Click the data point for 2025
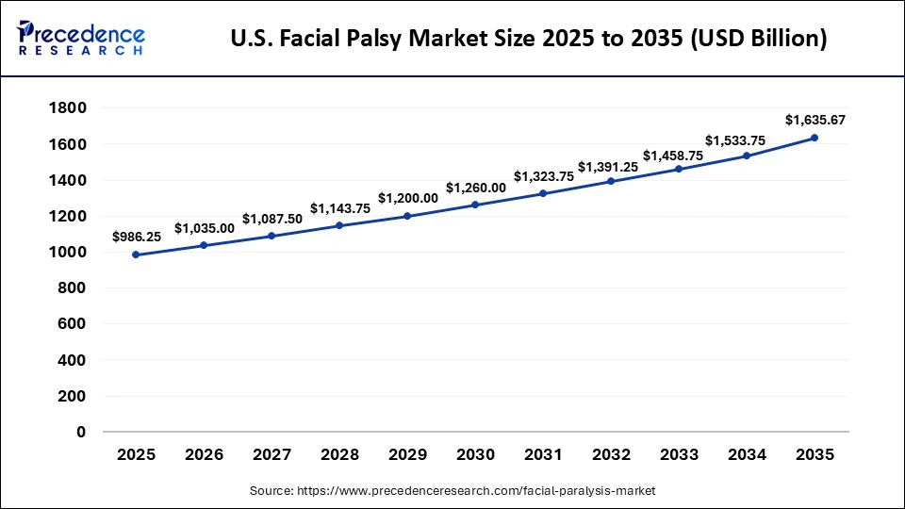(x=137, y=254)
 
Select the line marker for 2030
(x=475, y=205)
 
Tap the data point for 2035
(x=814, y=138)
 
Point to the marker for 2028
(x=339, y=225)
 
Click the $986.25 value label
(x=137, y=237)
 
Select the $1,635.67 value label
(x=814, y=120)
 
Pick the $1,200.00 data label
(x=407, y=198)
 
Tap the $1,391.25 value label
(x=611, y=167)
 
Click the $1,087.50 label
(x=271, y=219)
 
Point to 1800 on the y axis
(x=67, y=108)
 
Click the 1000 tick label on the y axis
(x=67, y=253)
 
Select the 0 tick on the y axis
(x=81, y=433)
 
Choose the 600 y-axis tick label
(x=72, y=324)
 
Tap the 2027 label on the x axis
(x=271, y=455)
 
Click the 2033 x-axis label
(x=679, y=455)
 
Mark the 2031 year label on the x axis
(x=543, y=455)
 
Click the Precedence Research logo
(x=81, y=38)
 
